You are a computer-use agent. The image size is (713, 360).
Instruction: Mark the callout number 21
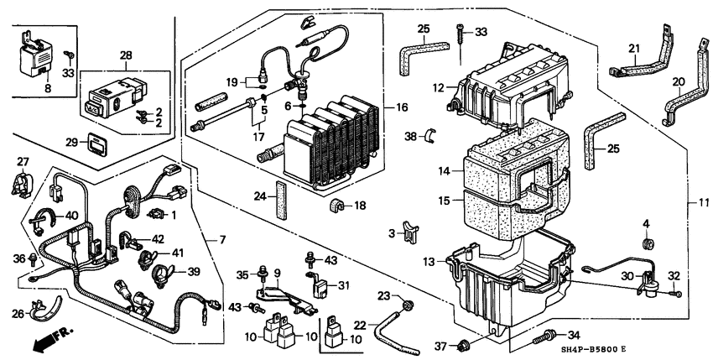pyautogui.click(x=635, y=48)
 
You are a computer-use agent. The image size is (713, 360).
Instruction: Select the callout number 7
pyautogui.click(x=223, y=241)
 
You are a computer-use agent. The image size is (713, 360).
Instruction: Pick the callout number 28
pyautogui.click(x=127, y=56)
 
